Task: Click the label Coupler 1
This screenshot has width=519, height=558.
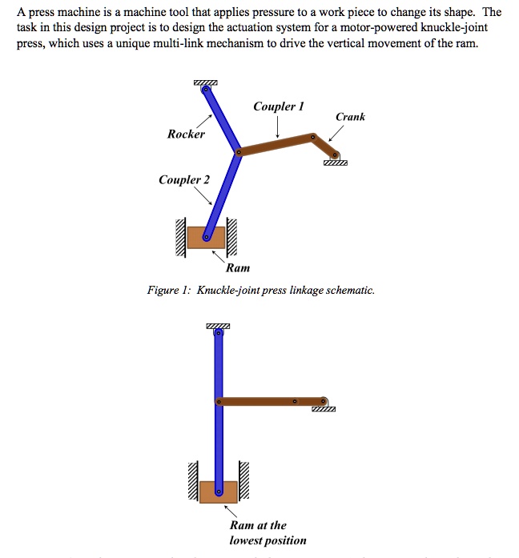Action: coord(279,106)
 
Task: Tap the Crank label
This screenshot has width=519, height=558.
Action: coord(350,117)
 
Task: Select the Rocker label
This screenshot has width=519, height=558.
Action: coord(186,134)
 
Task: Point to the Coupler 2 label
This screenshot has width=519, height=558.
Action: coord(183,180)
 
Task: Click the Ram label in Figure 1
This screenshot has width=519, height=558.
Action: coord(238,268)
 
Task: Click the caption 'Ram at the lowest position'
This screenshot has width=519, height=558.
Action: coord(268,532)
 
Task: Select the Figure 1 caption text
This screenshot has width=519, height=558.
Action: coord(260,291)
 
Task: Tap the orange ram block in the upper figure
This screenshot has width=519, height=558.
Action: coord(206,238)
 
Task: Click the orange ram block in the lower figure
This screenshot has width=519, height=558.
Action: coord(219,492)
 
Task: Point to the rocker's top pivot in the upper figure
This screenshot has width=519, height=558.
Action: coord(206,90)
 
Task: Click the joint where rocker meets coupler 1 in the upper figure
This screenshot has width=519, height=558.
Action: coord(239,151)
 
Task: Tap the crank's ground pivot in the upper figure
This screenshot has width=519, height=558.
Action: coord(334,155)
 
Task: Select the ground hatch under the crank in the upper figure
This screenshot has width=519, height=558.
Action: coord(336,163)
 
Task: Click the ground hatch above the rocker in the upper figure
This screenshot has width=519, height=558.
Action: coord(205,83)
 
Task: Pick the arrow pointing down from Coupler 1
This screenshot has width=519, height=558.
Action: coord(277,127)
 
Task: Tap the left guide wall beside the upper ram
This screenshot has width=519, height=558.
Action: coord(183,238)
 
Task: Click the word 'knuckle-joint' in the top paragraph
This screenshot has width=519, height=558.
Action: coord(457,28)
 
